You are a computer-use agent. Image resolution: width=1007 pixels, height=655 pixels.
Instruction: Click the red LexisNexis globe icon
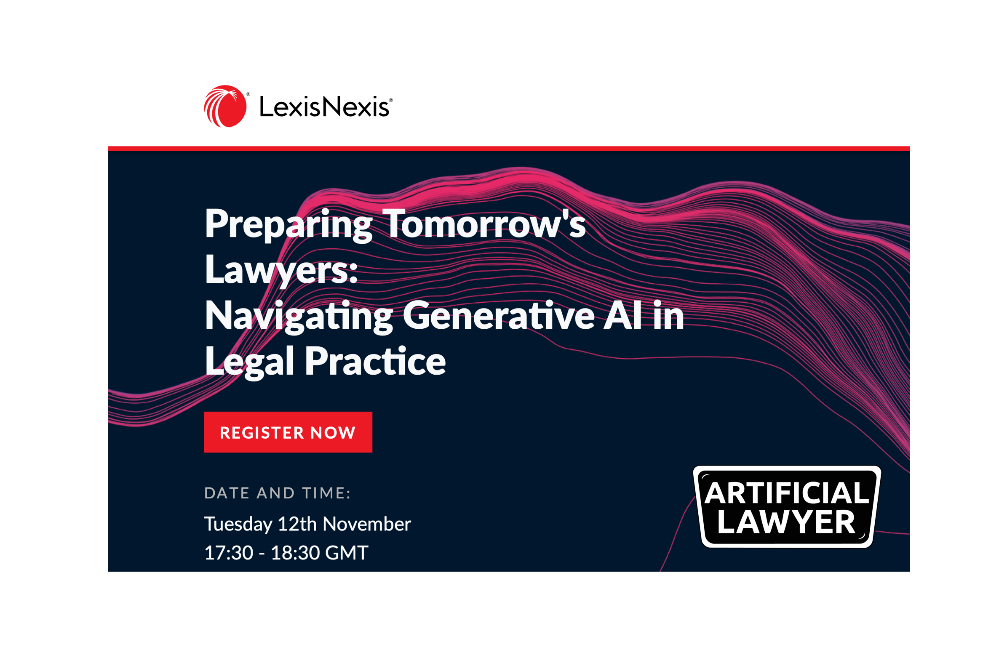tap(225, 106)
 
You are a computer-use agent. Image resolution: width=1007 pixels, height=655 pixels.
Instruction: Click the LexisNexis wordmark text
tap(324, 107)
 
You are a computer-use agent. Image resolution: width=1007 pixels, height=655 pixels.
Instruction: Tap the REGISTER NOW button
tap(288, 432)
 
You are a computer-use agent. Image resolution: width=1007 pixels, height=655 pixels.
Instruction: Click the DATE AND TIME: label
tap(278, 493)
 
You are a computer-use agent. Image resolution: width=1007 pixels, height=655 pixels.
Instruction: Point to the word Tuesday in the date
tap(238, 525)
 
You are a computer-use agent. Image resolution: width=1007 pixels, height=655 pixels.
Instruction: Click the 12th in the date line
tap(297, 524)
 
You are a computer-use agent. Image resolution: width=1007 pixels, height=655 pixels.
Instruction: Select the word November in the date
tap(367, 524)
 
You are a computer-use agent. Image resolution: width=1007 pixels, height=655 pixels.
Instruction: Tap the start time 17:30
tap(228, 553)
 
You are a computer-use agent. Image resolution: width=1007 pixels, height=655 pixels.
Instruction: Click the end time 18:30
tap(295, 553)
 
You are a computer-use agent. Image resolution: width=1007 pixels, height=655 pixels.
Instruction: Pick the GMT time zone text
tap(347, 553)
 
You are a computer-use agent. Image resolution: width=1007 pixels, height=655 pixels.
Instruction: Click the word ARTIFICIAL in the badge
tap(787, 493)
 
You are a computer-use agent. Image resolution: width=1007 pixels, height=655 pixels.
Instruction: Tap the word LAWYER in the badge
tap(787, 522)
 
